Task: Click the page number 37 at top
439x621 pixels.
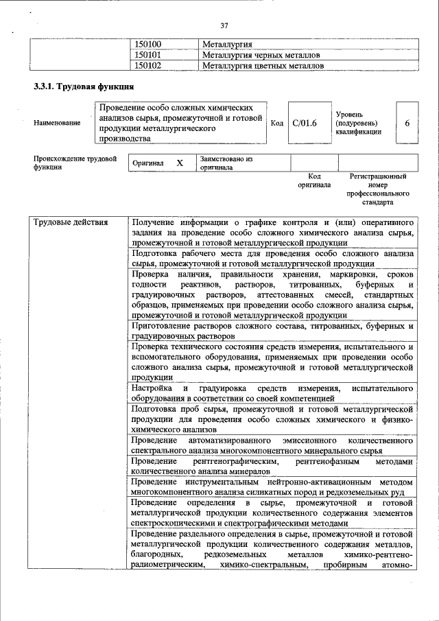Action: click(x=224, y=25)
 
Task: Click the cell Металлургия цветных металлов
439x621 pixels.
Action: click(x=263, y=66)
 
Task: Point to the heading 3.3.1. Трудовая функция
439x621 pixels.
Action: click(x=78, y=87)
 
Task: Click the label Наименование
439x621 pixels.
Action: click(x=56, y=123)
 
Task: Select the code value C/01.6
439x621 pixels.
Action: click(x=305, y=123)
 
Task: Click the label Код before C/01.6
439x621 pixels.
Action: click(x=276, y=123)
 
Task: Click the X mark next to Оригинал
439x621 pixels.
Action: click(x=180, y=163)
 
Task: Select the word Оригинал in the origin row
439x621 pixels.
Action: click(x=149, y=164)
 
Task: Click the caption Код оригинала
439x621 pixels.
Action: click(x=314, y=180)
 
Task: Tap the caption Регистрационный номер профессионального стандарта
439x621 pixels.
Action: click(x=377, y=189)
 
